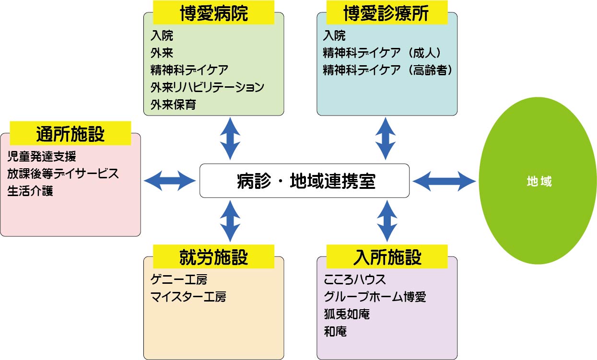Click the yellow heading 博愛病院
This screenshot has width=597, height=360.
coord(213,13)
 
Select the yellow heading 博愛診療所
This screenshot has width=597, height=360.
coord(386,13)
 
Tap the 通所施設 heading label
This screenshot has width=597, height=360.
coord(70,134)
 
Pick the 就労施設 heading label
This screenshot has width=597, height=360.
coord(213,256)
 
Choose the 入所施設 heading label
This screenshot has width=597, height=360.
coord(386,256)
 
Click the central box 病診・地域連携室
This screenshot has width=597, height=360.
coord(304,181)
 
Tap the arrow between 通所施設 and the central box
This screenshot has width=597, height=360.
coord(170,181)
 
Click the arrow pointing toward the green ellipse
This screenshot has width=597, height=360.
coord(444,181)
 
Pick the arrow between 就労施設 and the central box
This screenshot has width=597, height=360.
coord(230,221)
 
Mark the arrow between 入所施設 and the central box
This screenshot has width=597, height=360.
coord(386,221)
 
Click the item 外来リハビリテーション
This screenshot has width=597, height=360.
coord(207,87)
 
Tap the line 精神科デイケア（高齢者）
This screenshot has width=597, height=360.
coord(388,70)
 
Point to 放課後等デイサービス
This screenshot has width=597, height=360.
coord(63,173)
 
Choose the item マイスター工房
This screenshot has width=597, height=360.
coord(188,296)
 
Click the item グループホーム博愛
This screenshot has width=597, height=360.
coord(375,296)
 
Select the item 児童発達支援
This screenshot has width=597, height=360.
coord(42,156)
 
